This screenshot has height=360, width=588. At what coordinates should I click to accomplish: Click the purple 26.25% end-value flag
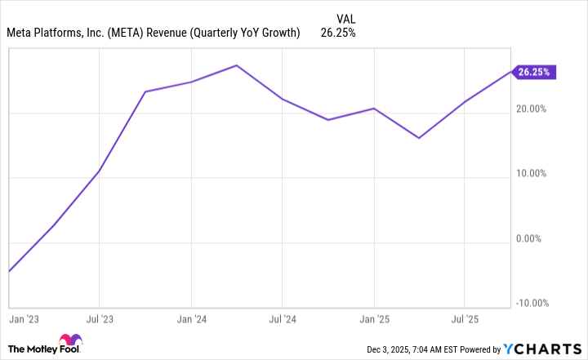pyautogui.click(x=535, y=72)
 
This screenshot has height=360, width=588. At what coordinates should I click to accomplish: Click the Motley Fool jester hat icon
pyautogui.click(x=69, y=341)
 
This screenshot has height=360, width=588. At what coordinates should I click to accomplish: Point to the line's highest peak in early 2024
pyautogui.click(x=237, y=65)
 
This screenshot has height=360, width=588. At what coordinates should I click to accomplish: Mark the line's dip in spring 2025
pyautogui.click(x=419, y=138)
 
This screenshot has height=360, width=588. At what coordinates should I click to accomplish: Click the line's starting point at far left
pyautogui.click(x=9, y=271)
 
